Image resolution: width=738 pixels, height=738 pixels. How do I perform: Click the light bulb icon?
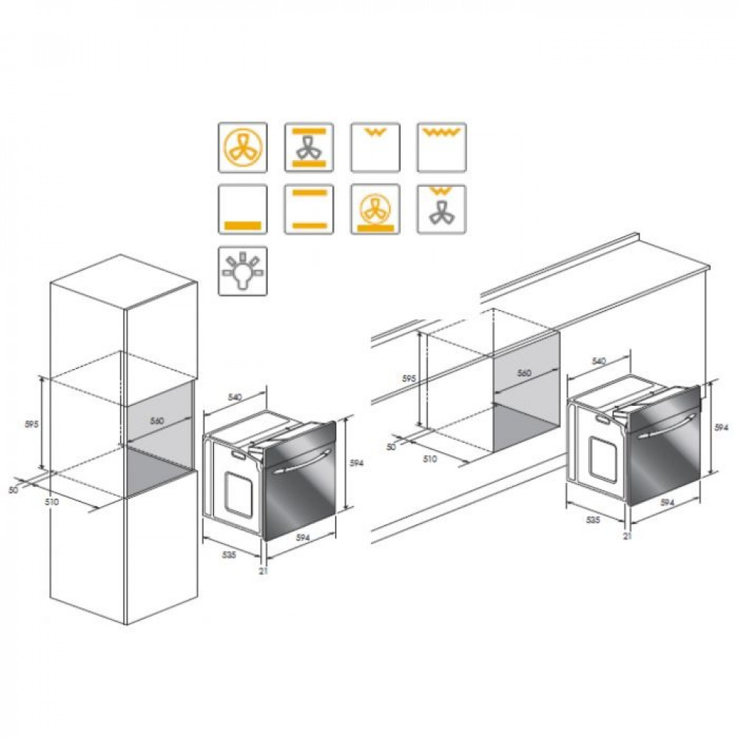[x=242, y=271]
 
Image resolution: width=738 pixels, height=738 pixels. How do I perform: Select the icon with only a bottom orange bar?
[x=242, y=209]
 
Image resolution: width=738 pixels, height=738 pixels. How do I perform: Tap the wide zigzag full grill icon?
[x=441, y=148]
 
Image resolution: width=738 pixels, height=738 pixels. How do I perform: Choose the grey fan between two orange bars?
[x=308, y=148]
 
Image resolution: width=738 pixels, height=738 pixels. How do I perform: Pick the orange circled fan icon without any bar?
[x=242, y=148]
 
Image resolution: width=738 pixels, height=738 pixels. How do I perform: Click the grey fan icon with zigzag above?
[x=441, y=209]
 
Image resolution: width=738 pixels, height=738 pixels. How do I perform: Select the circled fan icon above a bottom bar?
[x=375, y=209]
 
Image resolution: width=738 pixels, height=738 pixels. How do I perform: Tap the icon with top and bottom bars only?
[x=308, y=209]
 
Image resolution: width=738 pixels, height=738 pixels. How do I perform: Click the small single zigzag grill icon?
[x=375, y=148]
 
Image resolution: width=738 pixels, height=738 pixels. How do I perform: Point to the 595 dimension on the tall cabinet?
[x=32, y=424]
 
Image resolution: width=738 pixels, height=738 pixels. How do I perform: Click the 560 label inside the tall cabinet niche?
[x=156, y=421]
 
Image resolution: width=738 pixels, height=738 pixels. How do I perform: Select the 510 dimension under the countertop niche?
[x=430, y=458]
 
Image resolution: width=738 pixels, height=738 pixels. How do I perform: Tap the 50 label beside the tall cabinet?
[x=13, y=490]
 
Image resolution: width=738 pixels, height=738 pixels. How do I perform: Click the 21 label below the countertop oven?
[x=627, y=536]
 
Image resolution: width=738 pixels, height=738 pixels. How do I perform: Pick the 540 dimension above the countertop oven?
[x=599, y=361]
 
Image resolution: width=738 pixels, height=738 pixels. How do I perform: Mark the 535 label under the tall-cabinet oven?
[x=229, y=555]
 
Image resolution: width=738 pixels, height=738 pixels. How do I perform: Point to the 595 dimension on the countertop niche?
[x=409, y=378]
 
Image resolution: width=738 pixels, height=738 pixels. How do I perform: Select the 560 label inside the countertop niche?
[x=524, y=373]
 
